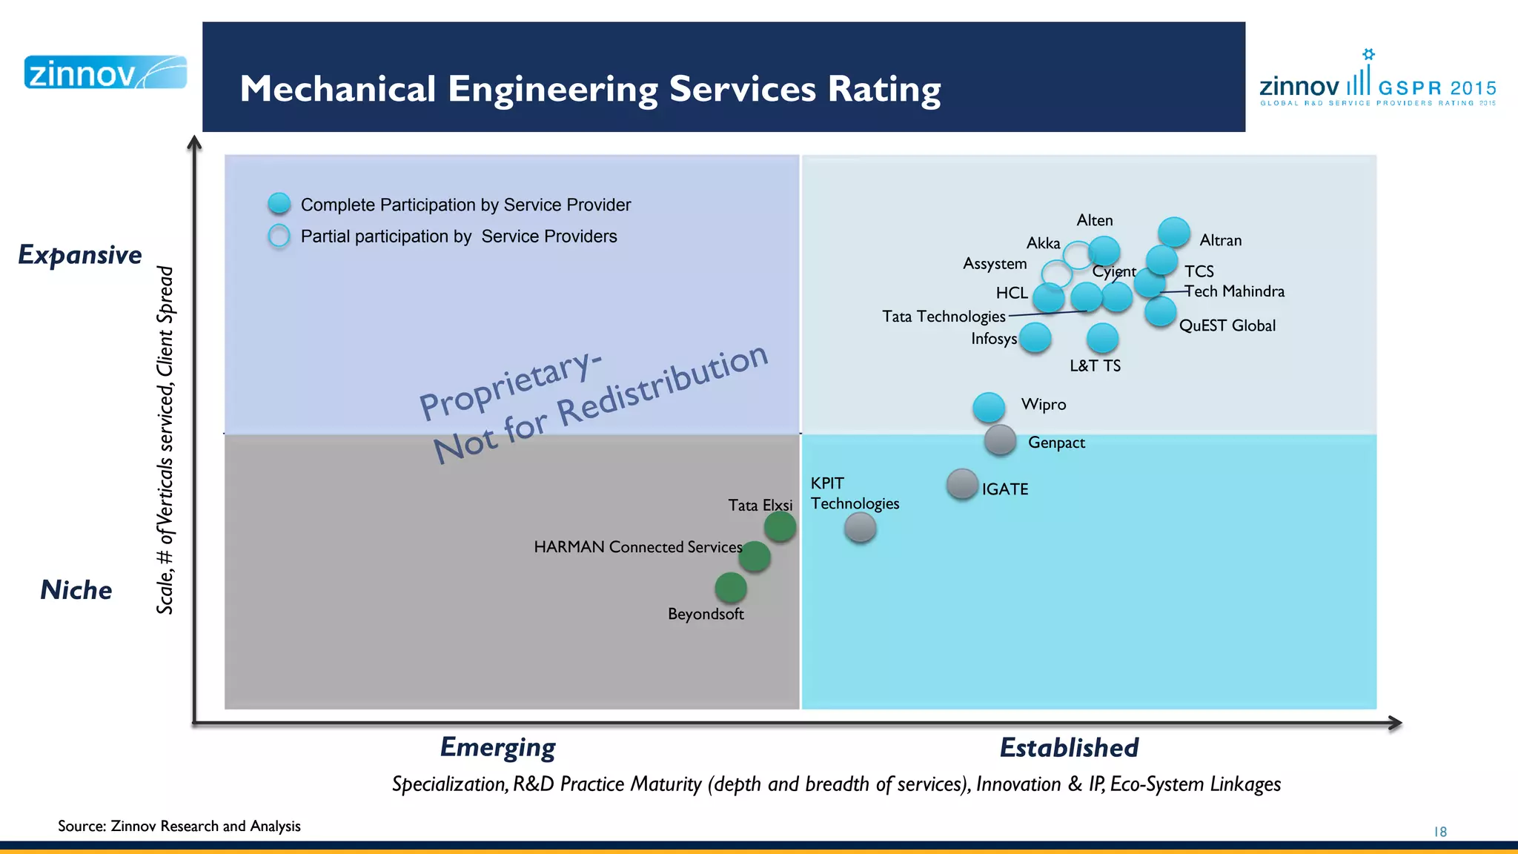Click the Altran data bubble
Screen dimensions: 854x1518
[1173, 232]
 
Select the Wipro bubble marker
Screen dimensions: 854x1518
[989, 407]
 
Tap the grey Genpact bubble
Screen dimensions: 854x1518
[1000, 440]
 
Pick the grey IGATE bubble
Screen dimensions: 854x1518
[962, 484]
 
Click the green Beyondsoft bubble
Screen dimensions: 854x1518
[731, 587]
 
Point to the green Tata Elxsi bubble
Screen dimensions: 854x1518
[780, 527]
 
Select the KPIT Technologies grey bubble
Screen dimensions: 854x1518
[860, 528]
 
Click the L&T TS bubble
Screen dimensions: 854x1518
[1102, 338]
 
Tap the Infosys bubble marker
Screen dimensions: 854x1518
[1035, 337]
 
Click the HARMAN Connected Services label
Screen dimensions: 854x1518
[637, 547]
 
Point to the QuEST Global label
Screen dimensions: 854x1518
[1227, 325]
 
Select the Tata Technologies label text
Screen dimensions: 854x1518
[944, 317]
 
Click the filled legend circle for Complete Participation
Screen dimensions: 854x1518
[279, 204]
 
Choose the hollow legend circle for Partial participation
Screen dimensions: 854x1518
[279, 236]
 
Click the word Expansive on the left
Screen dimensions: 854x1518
[80, 255]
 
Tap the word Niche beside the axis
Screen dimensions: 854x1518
[76, 590]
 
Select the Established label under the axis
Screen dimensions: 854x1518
[1068, 747]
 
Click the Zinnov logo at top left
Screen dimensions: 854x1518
[105, 73]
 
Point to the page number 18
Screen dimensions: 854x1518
[1439, 832]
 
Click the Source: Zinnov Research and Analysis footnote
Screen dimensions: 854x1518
[179, 826]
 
